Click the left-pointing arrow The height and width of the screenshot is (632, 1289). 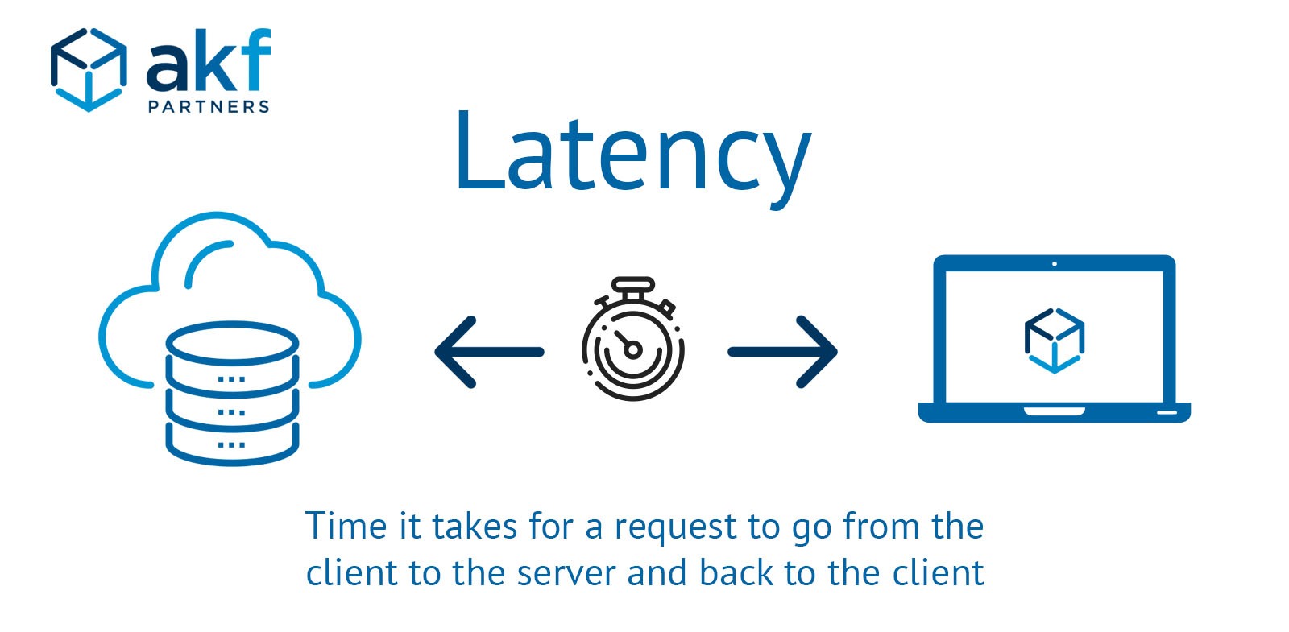[488, 352]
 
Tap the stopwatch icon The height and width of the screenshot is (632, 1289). [633, 340]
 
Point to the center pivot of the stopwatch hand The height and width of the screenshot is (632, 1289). [633, 349]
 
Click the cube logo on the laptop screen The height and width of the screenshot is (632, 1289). [1054, 339]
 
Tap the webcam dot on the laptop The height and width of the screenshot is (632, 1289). [1055, 264]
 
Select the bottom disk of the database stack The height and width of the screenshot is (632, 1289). [232, 445]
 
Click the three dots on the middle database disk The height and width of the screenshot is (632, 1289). [232, 412]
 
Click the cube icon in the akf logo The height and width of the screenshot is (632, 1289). [88, 70]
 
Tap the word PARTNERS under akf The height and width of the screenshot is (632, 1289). [209, 107]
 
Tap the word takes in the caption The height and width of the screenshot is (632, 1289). [475, 527]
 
